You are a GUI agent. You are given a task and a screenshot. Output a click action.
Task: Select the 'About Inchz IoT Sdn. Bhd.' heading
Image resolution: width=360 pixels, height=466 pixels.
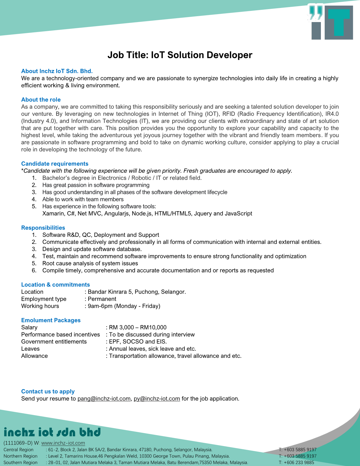click(57, 71)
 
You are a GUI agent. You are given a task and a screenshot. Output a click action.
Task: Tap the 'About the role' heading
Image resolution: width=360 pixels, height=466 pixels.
click(41, 99)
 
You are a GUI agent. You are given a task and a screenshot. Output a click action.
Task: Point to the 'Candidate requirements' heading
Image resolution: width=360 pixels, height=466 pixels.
click(55, 164)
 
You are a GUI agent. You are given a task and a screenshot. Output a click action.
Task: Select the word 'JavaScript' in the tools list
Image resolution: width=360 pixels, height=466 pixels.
click(238, 213)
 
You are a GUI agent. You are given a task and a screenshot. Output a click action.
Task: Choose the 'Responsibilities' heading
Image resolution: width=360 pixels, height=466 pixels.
click(43, 228)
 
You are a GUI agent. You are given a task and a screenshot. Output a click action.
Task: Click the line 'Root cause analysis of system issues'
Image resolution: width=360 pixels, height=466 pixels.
click(90, 263)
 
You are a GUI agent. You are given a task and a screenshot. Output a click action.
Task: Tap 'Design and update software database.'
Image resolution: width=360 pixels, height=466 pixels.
click(92, 249)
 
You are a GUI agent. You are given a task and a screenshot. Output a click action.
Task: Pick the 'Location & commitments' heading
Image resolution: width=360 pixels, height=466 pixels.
click(55, 284)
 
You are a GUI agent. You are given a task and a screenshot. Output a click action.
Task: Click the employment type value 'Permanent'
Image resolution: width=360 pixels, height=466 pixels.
click(102, 299)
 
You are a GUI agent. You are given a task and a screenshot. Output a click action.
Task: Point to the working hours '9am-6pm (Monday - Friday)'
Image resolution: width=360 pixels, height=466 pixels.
click(124, 306)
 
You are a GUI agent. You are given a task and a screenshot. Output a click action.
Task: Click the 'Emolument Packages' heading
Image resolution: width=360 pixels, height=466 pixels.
click(51, 320)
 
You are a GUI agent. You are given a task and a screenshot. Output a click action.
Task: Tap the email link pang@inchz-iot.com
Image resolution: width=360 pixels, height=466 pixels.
click(104, 399)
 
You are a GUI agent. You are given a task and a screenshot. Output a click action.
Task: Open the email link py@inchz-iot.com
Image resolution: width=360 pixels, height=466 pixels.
click(157, 399)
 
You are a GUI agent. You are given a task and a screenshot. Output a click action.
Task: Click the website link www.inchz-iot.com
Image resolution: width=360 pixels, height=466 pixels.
click(63, 443)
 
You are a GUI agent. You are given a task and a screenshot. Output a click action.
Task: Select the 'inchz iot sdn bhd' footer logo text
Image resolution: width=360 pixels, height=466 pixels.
click(52, 432)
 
